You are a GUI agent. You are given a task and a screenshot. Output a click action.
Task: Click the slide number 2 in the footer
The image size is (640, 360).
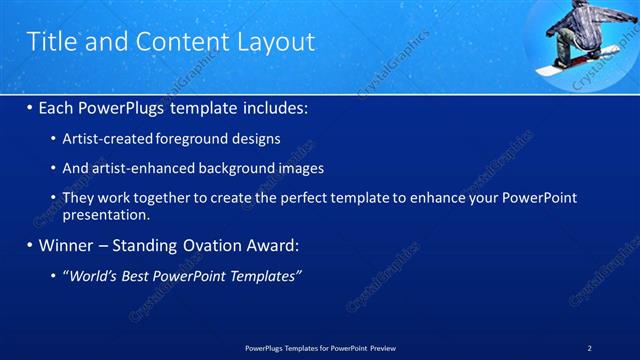click(x=589, y=348)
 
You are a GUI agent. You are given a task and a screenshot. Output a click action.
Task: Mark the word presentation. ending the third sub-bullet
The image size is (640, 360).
click(x=106, y=214)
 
